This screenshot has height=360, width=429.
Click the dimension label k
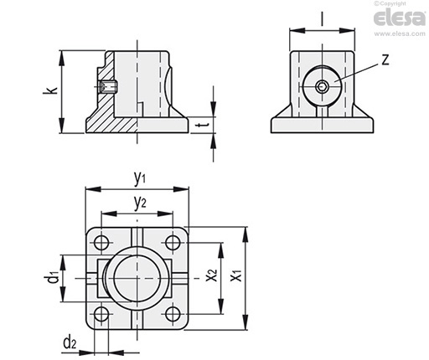[x=50, y=90]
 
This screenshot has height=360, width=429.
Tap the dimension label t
[x=202, y=126]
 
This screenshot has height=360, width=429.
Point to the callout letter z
[x=385, y=59]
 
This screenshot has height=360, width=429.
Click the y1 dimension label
[x=139, y=178]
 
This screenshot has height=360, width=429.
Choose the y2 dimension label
[x=140, y=203]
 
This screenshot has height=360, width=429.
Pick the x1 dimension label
[x=236, y=275]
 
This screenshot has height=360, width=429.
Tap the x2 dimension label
[x=211, y=275]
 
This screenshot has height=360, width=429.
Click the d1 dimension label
[x=52, y=277]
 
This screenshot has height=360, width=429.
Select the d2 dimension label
[x=70, y=342]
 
